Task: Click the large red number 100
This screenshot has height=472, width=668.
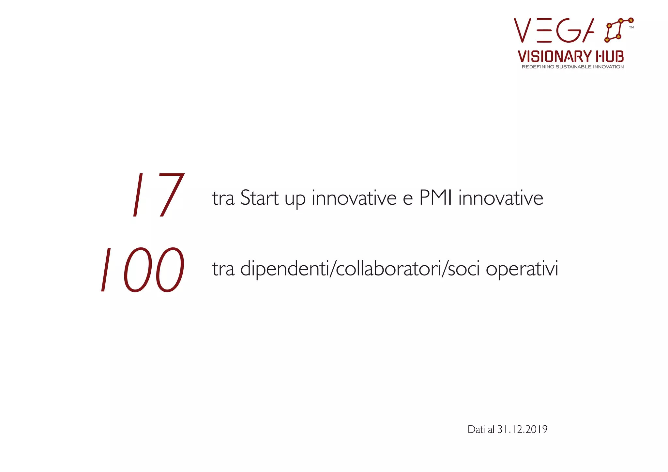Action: point(143,270)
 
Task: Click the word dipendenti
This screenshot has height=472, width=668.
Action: point(285,269)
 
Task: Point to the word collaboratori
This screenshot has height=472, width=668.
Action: point(388,269)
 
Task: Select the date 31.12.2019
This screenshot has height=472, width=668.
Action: point(522,430)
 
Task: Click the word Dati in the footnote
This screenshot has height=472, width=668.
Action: point(476,430)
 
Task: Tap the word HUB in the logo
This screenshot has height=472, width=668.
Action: point(610,56)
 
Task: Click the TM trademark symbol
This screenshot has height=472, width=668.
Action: point(631,28)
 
